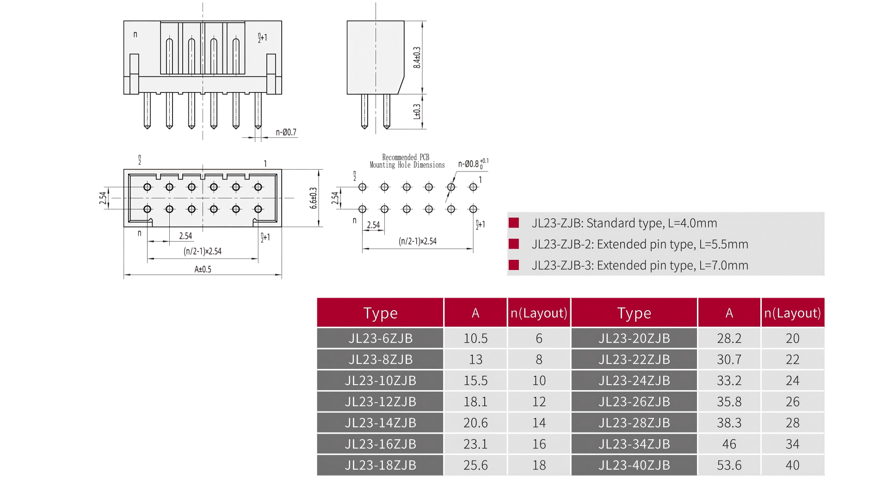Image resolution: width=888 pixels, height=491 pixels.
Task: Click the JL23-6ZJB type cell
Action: click(380, 338)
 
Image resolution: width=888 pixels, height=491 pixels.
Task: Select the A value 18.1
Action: click(475, 402)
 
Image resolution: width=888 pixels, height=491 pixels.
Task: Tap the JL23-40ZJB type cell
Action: click(634, 465)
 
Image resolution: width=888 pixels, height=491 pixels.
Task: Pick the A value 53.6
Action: click(729, 465)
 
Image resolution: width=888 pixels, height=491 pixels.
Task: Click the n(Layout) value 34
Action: click(792, 444)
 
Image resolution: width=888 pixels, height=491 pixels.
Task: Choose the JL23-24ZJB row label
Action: click(634, 381)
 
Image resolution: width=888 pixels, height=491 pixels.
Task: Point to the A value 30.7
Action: click(729, 360)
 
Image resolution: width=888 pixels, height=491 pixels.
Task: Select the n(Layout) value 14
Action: click(539, 423)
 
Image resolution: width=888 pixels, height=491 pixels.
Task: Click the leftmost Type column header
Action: click(380, 313)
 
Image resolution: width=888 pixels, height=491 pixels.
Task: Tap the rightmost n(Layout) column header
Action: click(792, 313)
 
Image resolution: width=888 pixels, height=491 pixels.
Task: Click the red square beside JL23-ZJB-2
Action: click(514, 244)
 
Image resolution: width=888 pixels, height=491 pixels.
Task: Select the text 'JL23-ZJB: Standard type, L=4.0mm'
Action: click(624, 223)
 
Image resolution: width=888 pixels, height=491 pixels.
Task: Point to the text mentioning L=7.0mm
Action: click(640, 265)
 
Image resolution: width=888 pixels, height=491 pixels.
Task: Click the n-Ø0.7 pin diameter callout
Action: click(286, 132)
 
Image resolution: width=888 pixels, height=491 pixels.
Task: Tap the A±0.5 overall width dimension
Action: click(203, 269)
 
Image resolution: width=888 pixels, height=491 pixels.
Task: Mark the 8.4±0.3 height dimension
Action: click(417, 57)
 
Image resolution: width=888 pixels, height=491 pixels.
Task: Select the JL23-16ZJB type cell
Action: click(380, 444)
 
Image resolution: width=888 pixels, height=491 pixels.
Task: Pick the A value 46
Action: click(729, 444)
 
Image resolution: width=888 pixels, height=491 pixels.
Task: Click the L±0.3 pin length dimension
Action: click(417, 111)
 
